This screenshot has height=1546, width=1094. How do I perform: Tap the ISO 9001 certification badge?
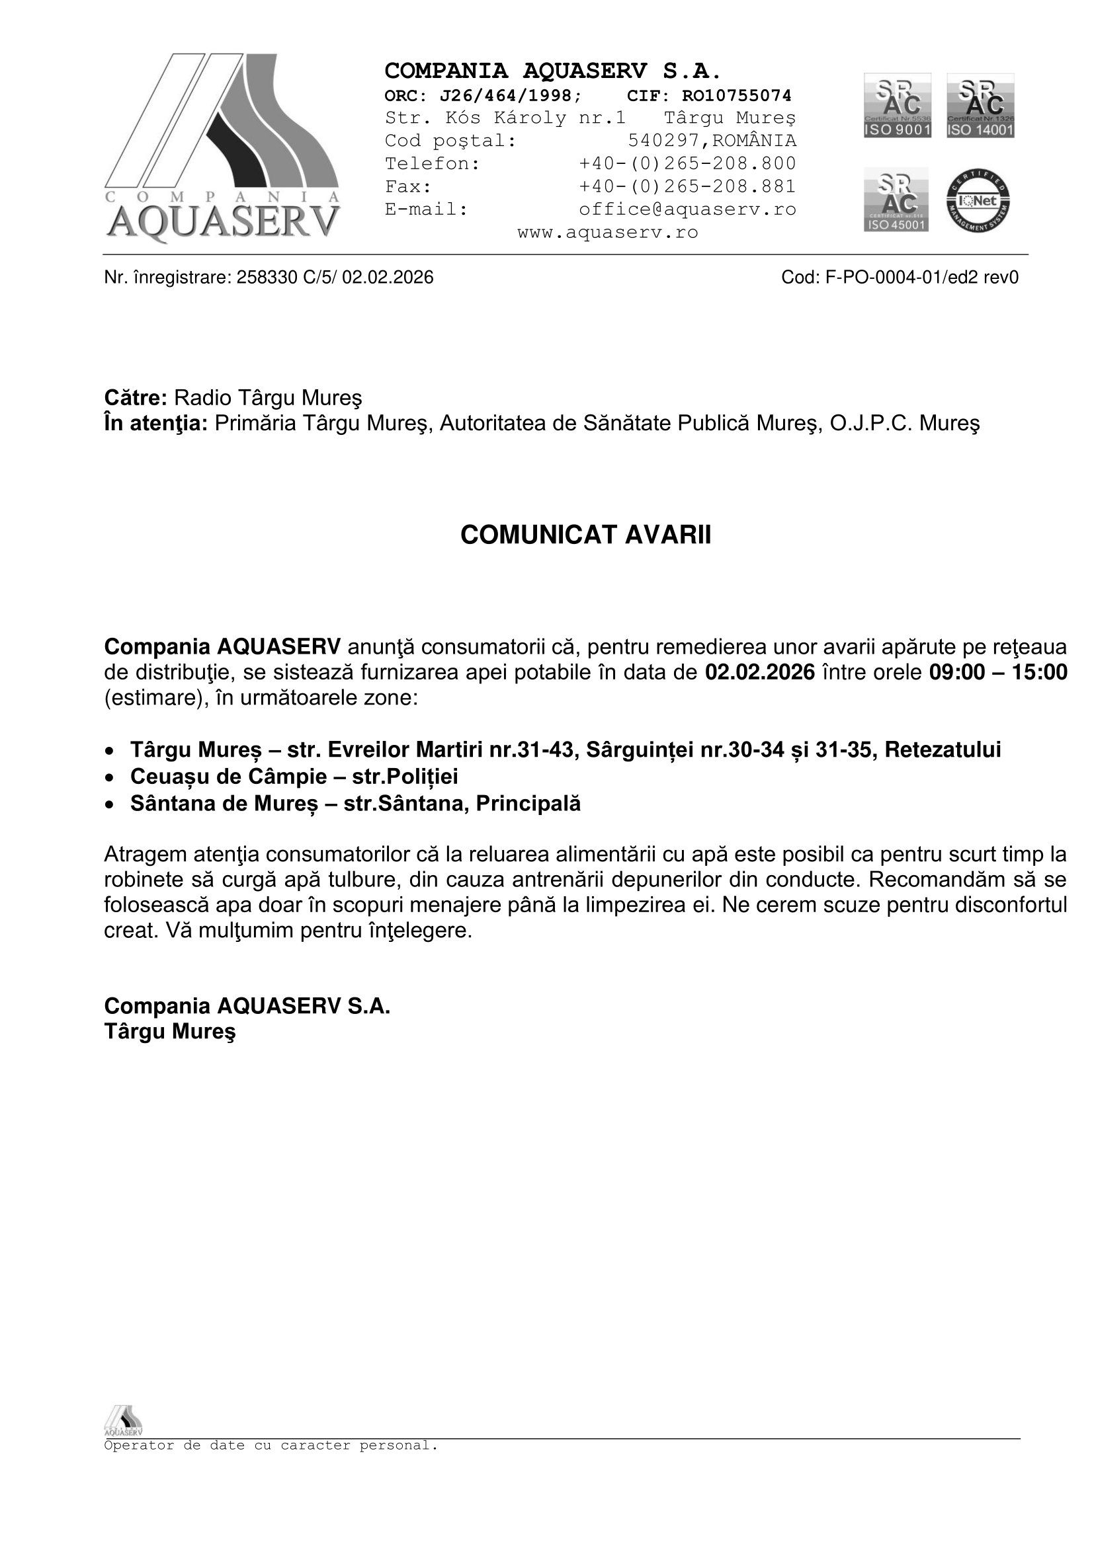coord(898,106)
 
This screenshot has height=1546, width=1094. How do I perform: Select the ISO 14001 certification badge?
coord(980,106)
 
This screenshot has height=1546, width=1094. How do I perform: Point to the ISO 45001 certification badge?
coord(896,200)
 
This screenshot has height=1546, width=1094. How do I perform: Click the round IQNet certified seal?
coord(978,201)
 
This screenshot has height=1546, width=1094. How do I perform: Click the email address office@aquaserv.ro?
coord(687,210)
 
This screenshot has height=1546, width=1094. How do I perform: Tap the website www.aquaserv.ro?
coord(608,232)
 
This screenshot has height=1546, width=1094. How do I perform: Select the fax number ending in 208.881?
coord(687,186)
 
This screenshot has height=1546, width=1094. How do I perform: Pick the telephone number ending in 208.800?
coord(687,164)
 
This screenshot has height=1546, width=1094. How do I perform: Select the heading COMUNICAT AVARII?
coord(585,535)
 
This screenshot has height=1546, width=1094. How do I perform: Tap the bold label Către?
coord(136,398)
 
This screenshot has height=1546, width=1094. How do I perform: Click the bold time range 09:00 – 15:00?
coord(997,672)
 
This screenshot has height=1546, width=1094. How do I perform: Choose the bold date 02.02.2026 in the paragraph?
coord(760,672)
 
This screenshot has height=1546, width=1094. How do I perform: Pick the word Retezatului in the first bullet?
coord(943,750)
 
